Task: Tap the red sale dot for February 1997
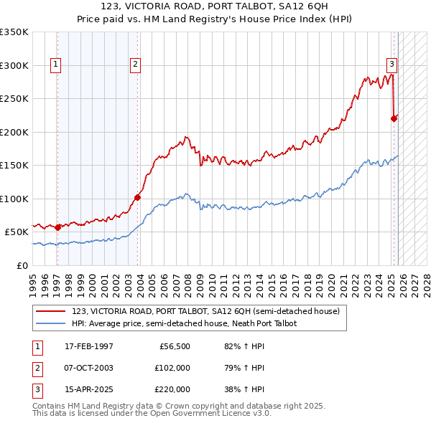pos(58,227)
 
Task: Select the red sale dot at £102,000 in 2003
pos(137,197)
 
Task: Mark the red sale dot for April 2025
pos(394,118)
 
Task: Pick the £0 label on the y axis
pos(22,265)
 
